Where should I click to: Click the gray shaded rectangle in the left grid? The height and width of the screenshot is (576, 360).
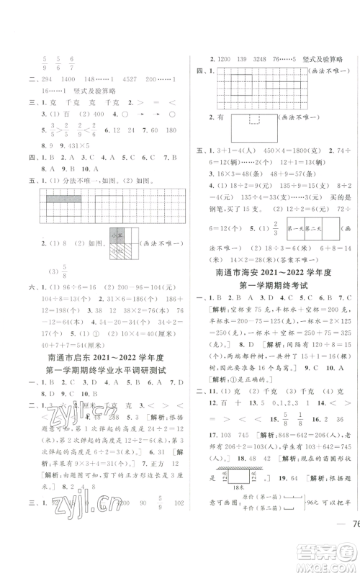[x=67, y=197]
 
